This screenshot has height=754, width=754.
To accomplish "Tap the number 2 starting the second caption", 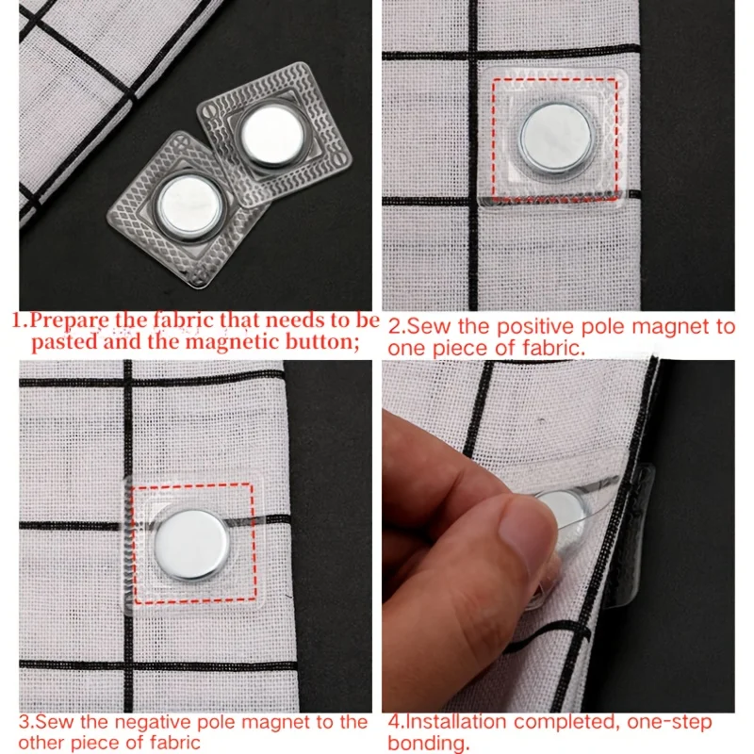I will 394,327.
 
